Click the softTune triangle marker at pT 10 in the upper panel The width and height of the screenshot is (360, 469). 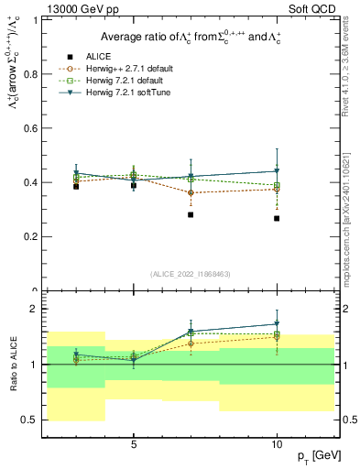point(277,171)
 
